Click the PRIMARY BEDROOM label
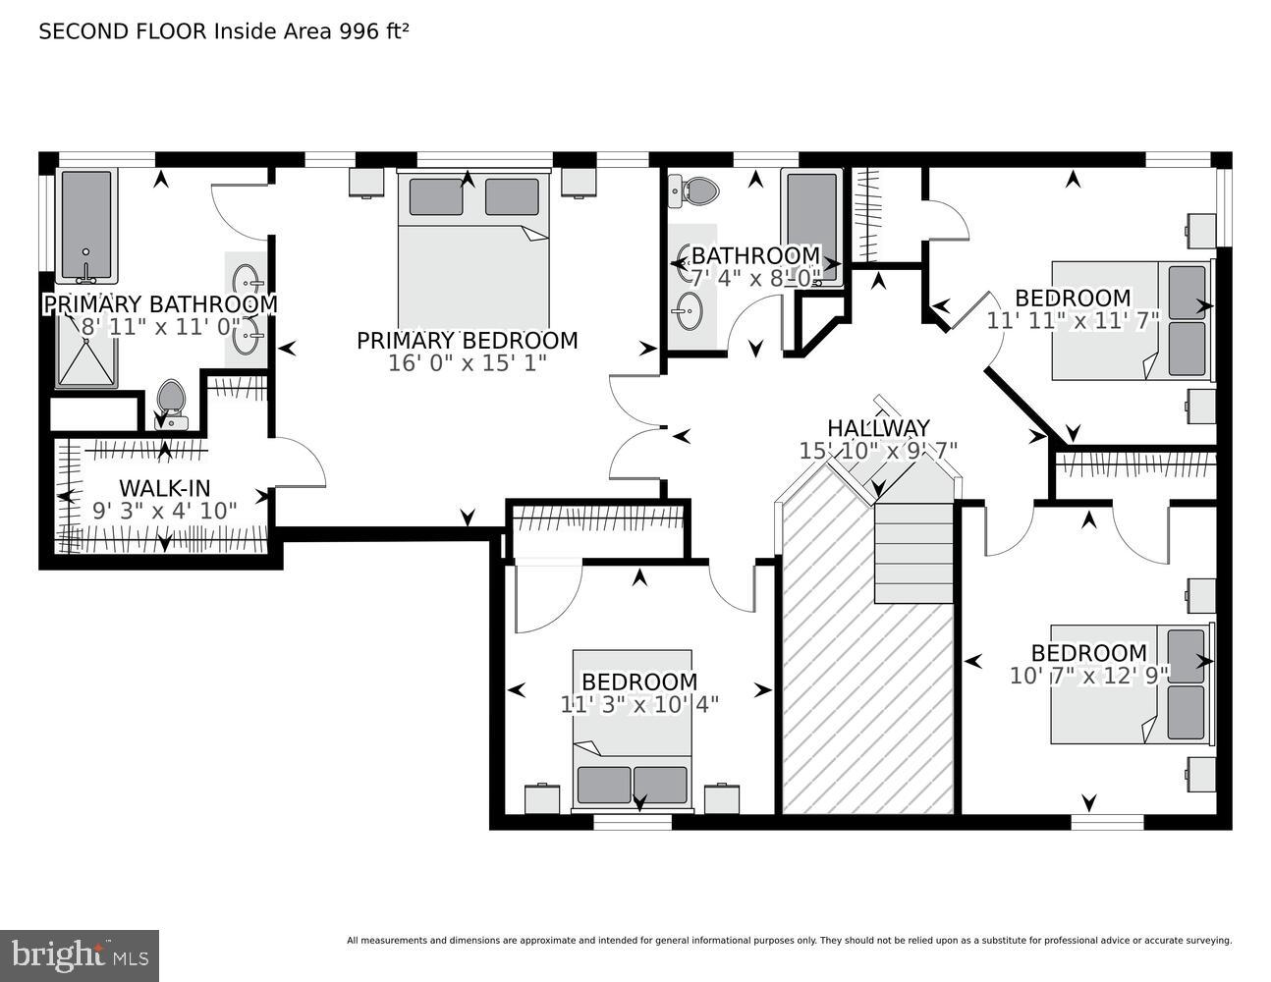tap(467, 341)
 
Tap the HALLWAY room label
tap(877, 428)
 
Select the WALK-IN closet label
tap(164, 488)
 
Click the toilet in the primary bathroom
tap(171, 403)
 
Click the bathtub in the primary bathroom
tap(86, 225)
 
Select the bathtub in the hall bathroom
tap(811, 224)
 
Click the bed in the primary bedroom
tap(473, 255)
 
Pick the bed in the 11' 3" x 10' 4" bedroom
tap(633, 732)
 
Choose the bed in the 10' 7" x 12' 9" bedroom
tap(1130, 684)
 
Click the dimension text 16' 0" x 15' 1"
tap(467, 362)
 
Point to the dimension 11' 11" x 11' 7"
tap(1073, 320)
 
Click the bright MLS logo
tap(80, 955)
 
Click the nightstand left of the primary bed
tap(366, 182)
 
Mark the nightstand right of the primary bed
tap(579, 182)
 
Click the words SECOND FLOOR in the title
tap(123, 31)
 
